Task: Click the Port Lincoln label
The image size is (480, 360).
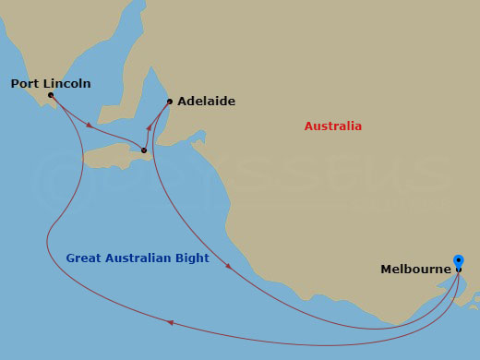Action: click(x=51, y=83)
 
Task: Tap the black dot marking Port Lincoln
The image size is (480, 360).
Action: click(x=50, y=95)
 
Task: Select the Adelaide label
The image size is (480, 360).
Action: click(x=206, y=102)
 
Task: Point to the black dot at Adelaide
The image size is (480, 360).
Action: click(x=170, y=102)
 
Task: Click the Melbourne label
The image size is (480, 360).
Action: click(x=416, y=270)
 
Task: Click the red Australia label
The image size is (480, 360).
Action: click(x=333, y=126)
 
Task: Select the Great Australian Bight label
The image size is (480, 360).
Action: click(x=138, y=258)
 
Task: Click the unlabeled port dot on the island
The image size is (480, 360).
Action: click(x=144, y=150)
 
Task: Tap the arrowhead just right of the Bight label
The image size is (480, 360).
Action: click(x=228, y=267)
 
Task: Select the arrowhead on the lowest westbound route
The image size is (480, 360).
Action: click(x=170, y=322)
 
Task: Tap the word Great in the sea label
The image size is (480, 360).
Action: click(x=84, y=258)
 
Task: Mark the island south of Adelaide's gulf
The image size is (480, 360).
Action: click(x=115, y=159)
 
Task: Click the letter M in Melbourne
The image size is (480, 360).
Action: click(x=386, y=270)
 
